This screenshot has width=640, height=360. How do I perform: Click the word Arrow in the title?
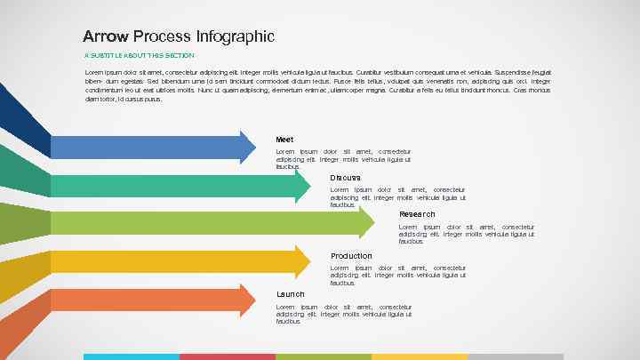pos(106,36)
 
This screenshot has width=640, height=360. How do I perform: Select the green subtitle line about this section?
pos(139,55)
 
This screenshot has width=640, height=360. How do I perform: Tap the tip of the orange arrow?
pos(254,300)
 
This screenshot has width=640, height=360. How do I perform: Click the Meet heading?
pos(284,140)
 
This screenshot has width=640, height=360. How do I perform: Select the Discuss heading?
pos(345,177)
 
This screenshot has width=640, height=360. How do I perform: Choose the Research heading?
pos(417,214)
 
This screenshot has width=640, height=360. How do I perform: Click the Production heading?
pos(351,256)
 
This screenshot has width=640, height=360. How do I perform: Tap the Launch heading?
pos(290,293)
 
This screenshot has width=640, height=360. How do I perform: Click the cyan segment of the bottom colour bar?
pos(132,356)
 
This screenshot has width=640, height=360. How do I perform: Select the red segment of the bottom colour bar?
pos(228,356)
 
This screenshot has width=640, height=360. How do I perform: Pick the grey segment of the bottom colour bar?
pos(516,356)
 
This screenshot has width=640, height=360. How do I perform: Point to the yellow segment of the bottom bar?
pos(420,356)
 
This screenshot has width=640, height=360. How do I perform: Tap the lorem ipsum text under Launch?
pos(343,314)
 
